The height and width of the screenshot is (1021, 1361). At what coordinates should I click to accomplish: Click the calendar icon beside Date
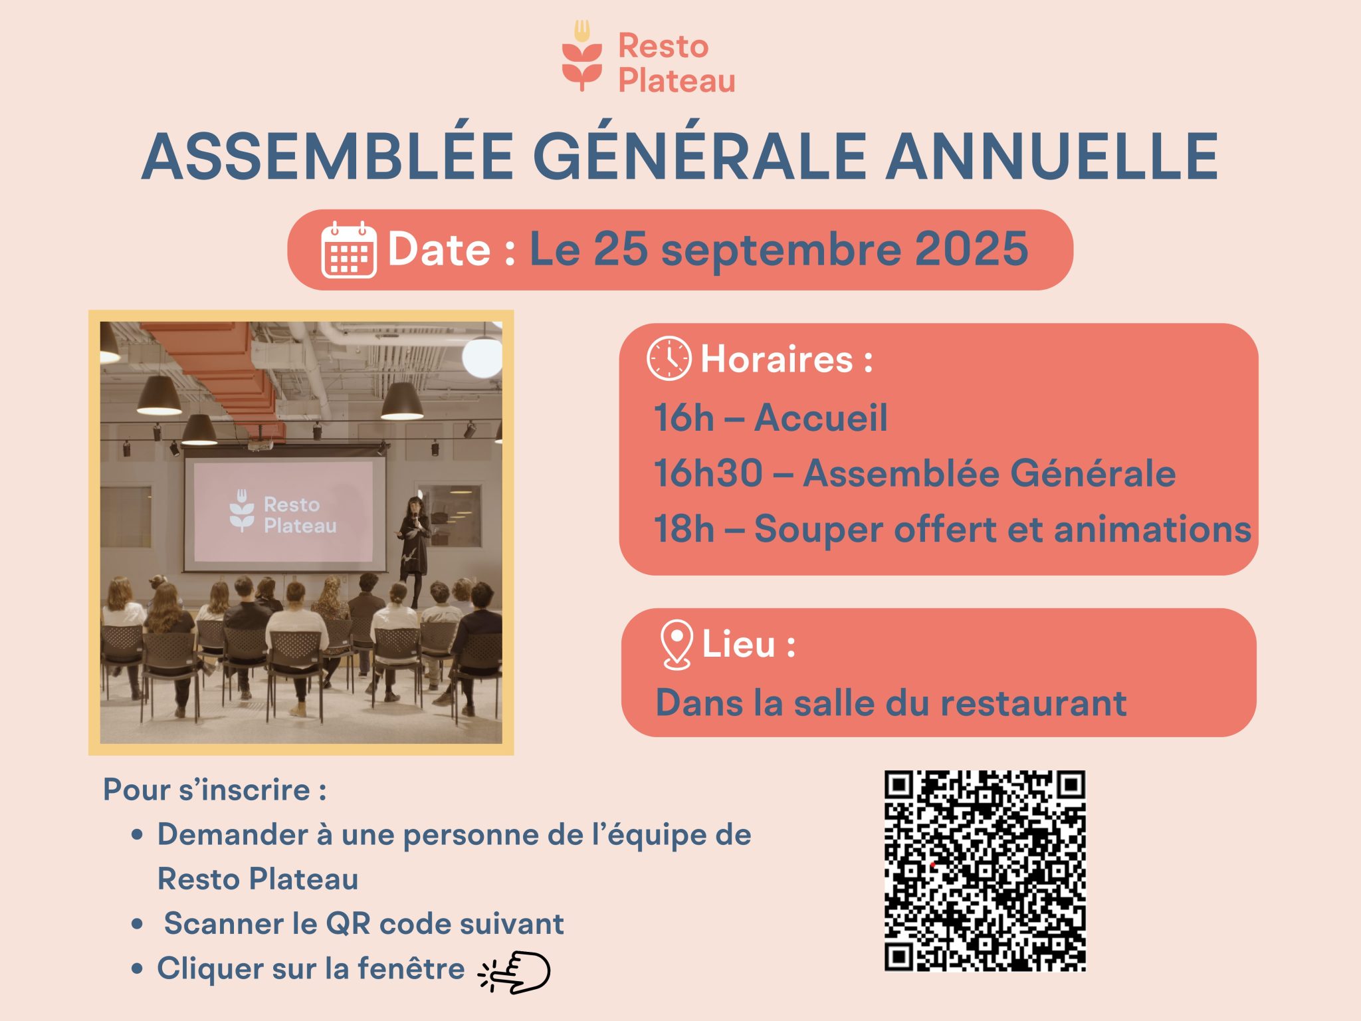tap(348, 250)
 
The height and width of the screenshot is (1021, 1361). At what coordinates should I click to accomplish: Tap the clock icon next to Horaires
tap(669, 359)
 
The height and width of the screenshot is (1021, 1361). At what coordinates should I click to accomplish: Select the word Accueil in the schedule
tap(821, 417)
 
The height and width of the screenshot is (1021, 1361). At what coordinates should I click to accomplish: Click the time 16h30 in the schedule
tap(708, 473)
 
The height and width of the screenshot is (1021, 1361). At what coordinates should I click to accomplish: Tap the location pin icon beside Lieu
tap(677, 644)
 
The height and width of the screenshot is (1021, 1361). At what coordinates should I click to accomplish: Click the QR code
tap(984, 871)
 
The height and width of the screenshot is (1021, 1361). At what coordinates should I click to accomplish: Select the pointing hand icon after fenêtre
tap(516, 972)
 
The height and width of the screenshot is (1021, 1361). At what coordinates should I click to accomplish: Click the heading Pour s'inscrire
tap(215, 790)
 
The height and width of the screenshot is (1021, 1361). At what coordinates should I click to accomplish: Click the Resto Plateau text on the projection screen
tap(299, 515)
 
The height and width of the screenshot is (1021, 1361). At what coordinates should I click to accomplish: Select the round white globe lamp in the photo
tap(482, 357)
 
